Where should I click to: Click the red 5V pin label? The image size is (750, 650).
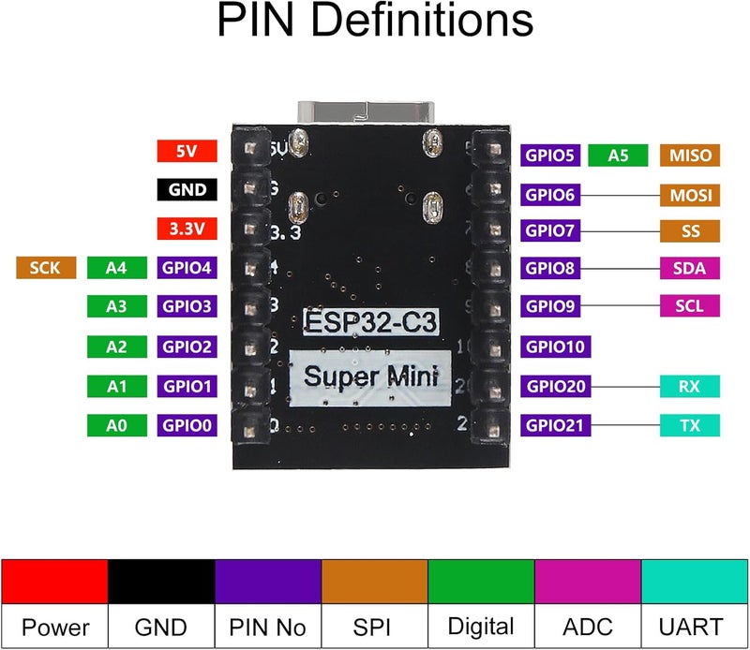tap(187, 151)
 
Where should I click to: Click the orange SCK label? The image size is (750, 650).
tap(46, 269)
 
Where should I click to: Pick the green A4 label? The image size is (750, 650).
tap(116, 269)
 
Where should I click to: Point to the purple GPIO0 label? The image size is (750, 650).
tap(187, 426)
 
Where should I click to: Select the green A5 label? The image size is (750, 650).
tap(618, 155)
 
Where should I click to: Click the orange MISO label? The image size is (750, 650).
tap(691, 155)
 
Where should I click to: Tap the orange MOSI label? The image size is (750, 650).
tap(691, 195)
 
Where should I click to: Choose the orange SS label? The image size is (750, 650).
tap(691, 230)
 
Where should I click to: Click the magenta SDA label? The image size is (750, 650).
tap(691, 269)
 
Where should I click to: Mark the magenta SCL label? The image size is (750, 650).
tap(691, 305)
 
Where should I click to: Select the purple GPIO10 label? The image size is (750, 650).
tap(554, 347)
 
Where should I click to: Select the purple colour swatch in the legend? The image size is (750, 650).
tap(268, 582)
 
